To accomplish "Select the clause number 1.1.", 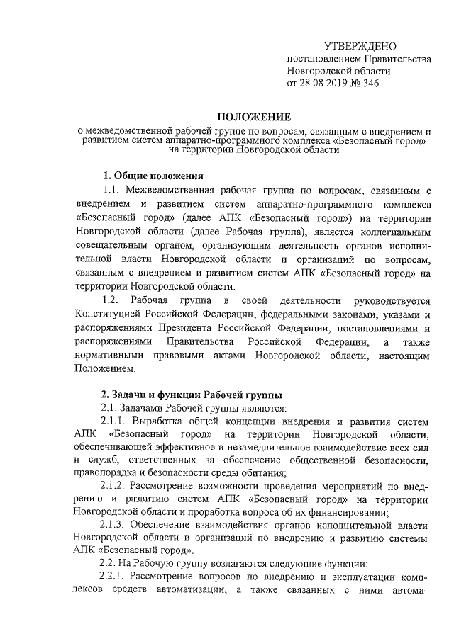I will [114, 189].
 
